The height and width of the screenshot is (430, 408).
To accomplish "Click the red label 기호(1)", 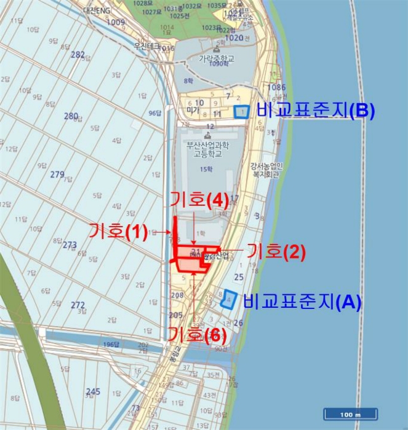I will tap(118, 232).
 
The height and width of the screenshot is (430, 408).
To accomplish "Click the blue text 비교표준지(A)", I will tap(302, 302).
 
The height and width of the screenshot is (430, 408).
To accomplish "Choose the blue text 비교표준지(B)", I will tap(316, 111).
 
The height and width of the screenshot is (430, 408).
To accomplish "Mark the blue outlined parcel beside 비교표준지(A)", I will tap(228, 299).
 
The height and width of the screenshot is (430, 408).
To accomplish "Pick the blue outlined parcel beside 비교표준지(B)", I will tap(242, 111).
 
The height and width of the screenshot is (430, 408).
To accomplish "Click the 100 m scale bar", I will tap(350, 414).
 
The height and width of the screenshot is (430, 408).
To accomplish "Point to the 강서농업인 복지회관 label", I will tap(266, 169).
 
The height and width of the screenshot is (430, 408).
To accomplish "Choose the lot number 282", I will tap(78, 55).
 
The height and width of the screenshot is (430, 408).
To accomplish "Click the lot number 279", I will tap(57, 175).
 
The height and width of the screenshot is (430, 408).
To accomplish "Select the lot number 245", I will tap(93, 391).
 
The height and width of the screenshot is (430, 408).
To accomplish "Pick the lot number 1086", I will tap(277, 88).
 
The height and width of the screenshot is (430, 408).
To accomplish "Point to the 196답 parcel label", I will tap(111, 344).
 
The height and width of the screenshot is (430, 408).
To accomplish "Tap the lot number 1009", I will tap(116, 23).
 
